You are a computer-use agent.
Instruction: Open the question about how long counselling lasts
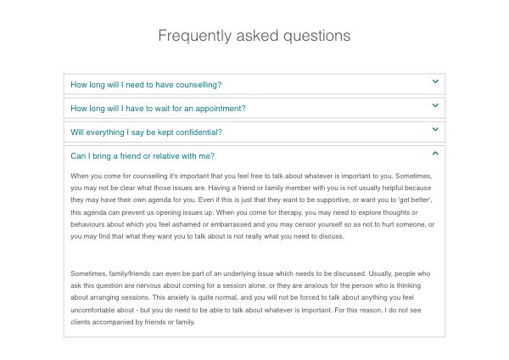point(146,85)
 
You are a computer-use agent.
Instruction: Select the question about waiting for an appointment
point(158,109)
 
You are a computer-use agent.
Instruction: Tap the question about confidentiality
point(146,132)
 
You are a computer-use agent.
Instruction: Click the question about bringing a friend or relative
point(142,156)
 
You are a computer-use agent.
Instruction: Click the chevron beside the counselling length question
point(435,82)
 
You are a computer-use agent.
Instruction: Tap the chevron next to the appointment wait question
point(435,106)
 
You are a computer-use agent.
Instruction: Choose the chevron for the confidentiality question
point(435,130)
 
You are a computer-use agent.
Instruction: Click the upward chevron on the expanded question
point(435,154)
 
